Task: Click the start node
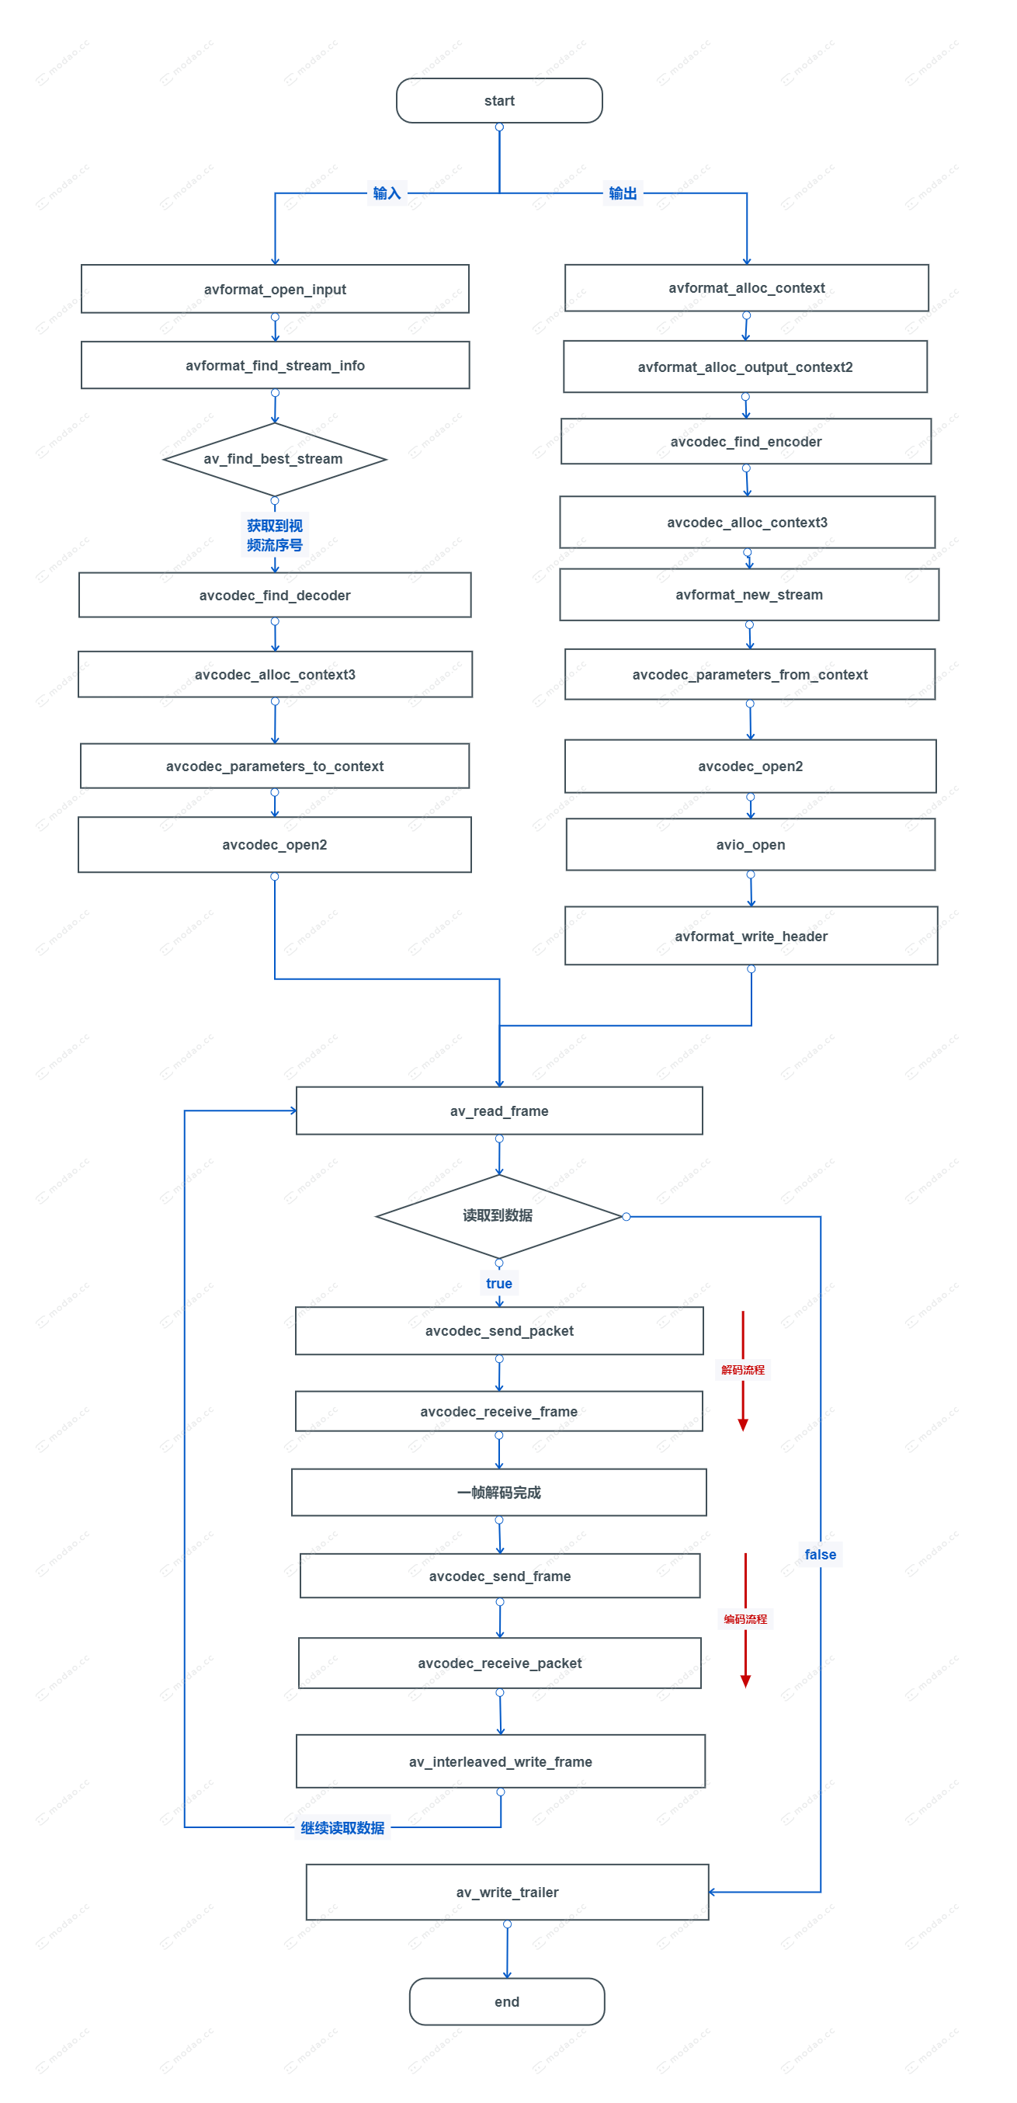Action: (498, 100)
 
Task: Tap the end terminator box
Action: (506, 2001)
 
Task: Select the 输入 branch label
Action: (387, 193)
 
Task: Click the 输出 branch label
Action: (623, 193)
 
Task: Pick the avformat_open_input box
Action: (275, 289)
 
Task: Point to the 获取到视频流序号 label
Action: (275, 536)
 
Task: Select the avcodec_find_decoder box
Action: (275, 595)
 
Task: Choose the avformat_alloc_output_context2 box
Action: (745, 367)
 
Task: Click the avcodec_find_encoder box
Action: (746, 442)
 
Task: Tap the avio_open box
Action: (750, 845)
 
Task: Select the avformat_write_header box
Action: (751, 937)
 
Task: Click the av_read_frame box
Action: (498, 1111)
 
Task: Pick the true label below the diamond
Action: (498, 1284)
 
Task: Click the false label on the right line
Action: (821, 1555)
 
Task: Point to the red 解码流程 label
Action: (743, 1370)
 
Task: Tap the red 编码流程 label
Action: (745, 1619)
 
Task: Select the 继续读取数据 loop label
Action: (342, 1828)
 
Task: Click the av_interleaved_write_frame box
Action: (500, 1762)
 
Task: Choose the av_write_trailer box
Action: (507, 1893)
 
